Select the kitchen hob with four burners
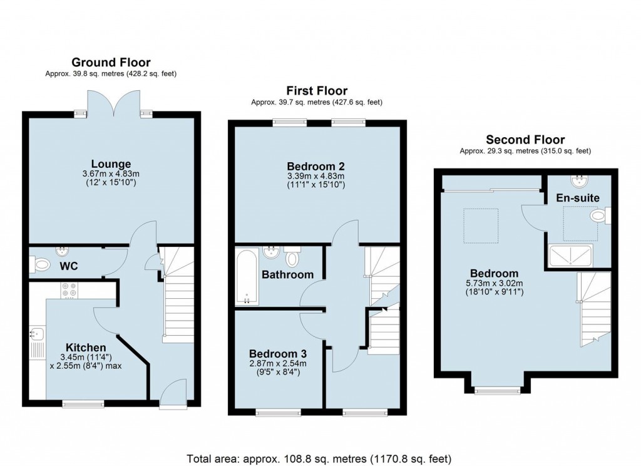click(69, 291)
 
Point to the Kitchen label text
click(86, 347)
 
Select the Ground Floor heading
click(111, 62)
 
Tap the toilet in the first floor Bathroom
click(292, 257)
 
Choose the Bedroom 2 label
click(316, 166)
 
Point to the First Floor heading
click(317, 91)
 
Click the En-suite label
click(578, 198)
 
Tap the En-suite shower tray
click(570, 256)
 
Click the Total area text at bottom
click(319, 458)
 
